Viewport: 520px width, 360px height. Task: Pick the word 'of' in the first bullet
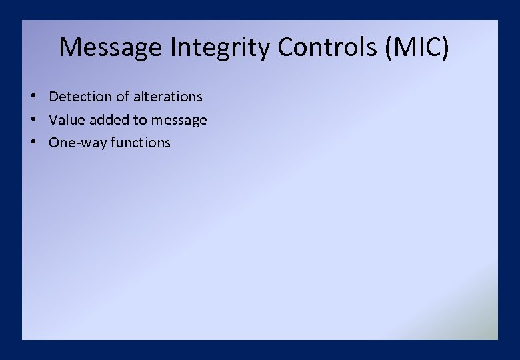pyautogui.click(x=123, y=97)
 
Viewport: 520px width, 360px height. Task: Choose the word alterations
pyautogui.click(x=167, y=97)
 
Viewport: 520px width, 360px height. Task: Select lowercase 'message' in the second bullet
pyautogui.click(x=179, y=121)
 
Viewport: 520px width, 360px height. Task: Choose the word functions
pyautogui.click(x=141, y=143)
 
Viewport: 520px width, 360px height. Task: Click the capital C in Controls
pyautogui.click(x=286, y=47)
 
